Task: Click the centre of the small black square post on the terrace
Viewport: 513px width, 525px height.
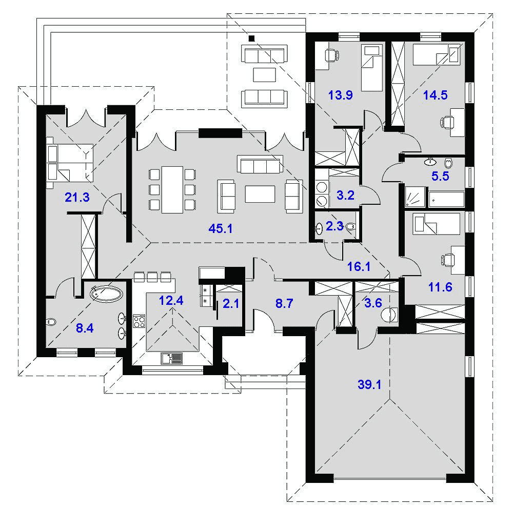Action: tap(251, 38)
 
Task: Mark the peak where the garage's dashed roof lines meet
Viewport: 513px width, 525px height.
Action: tap(389, 399)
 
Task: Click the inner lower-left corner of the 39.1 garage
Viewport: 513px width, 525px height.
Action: tap(315, 474)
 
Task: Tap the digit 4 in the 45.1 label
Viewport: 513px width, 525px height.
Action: tap(212, 229)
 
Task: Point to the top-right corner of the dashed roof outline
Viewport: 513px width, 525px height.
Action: tap(492, 14)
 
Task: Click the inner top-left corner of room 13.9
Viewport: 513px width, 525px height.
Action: tap(315, 42)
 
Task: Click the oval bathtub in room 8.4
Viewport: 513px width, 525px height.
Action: tap(106, 293)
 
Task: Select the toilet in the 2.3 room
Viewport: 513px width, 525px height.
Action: tap(350, 227)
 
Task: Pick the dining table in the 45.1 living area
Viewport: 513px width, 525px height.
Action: tap(172, 190)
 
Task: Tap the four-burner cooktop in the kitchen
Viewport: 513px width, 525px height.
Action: tap(140, 321)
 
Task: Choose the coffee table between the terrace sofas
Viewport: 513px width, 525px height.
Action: tap(264, 74)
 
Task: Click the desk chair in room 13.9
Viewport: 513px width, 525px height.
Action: tap(331, 54)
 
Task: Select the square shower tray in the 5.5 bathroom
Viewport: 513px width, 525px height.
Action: tap(415, 197)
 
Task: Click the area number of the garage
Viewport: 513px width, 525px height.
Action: tap(369, 385)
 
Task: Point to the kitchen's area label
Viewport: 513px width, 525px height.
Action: tap(171, 301)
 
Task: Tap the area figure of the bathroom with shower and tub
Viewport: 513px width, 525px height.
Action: tap(440, 176)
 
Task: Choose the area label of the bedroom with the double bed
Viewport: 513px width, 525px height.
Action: tap(77, 197)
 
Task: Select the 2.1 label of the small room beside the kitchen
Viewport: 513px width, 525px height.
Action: tap(231, 304)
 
